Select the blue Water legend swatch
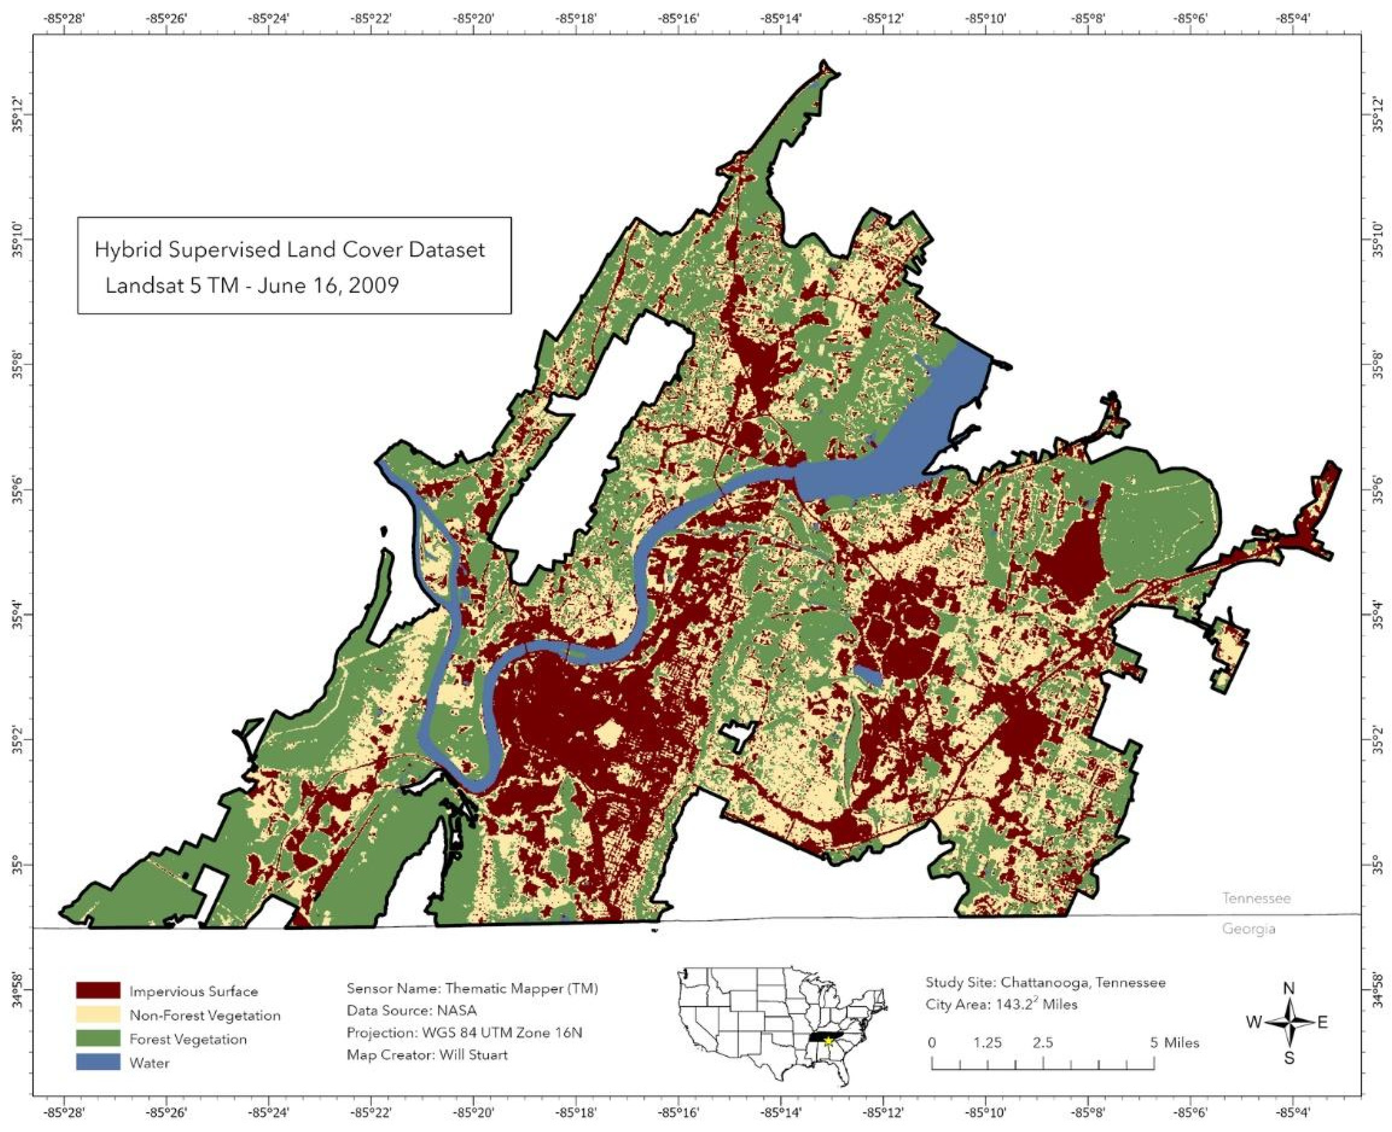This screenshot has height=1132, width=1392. tap(98, 1062)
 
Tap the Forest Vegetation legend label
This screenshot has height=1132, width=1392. tap(188, 1039)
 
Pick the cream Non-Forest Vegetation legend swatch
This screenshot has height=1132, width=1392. tap(98, 1015)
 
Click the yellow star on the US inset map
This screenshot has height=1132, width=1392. tap(828, 1041)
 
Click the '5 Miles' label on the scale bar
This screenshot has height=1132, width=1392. tap(1175, 1043)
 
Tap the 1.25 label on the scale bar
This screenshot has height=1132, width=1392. tap(987, 1043)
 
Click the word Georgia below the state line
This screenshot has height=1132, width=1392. tap(1248, 929)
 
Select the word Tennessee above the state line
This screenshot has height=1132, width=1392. tap(1256, 898)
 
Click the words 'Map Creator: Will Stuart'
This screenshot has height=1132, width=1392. tap(427, 1054)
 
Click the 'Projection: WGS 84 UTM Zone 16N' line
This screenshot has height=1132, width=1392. tap(464, 1032)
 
